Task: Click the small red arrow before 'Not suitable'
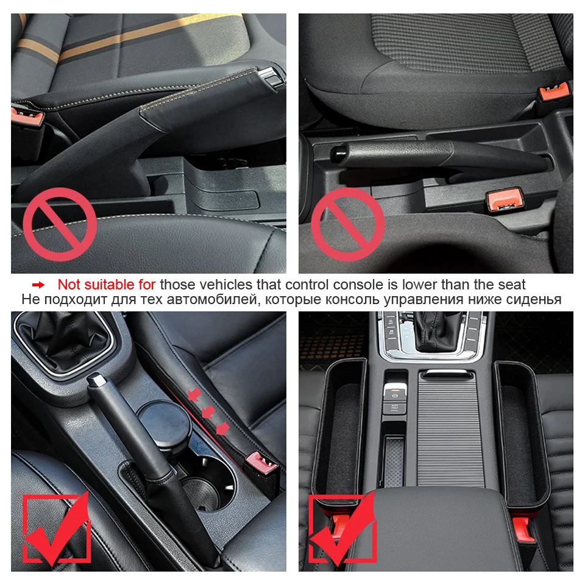click(x=38, y=285)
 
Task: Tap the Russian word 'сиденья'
click(x=534, y=299)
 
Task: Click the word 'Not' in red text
click(x=69, y=285)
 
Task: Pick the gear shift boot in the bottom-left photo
click(x=61, y=341)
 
